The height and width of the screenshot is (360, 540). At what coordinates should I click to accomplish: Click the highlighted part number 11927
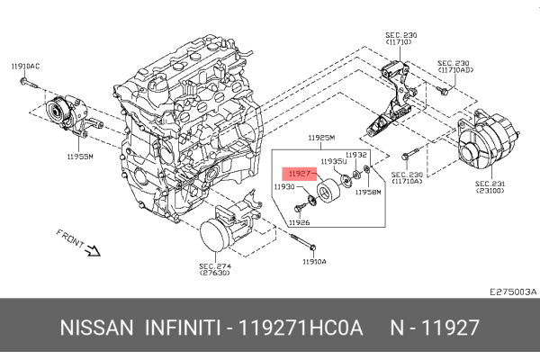point(300,171)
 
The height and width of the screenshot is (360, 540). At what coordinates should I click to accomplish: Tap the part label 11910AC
point(25,67)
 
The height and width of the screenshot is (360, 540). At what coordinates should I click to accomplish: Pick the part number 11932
point(356,154)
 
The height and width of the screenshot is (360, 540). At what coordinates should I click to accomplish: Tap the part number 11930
point(285,186)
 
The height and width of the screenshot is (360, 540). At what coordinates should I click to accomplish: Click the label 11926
point(299,221)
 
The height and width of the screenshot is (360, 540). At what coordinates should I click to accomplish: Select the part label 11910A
point(314,261)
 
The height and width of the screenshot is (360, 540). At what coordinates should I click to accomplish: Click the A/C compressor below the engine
point(221,233)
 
